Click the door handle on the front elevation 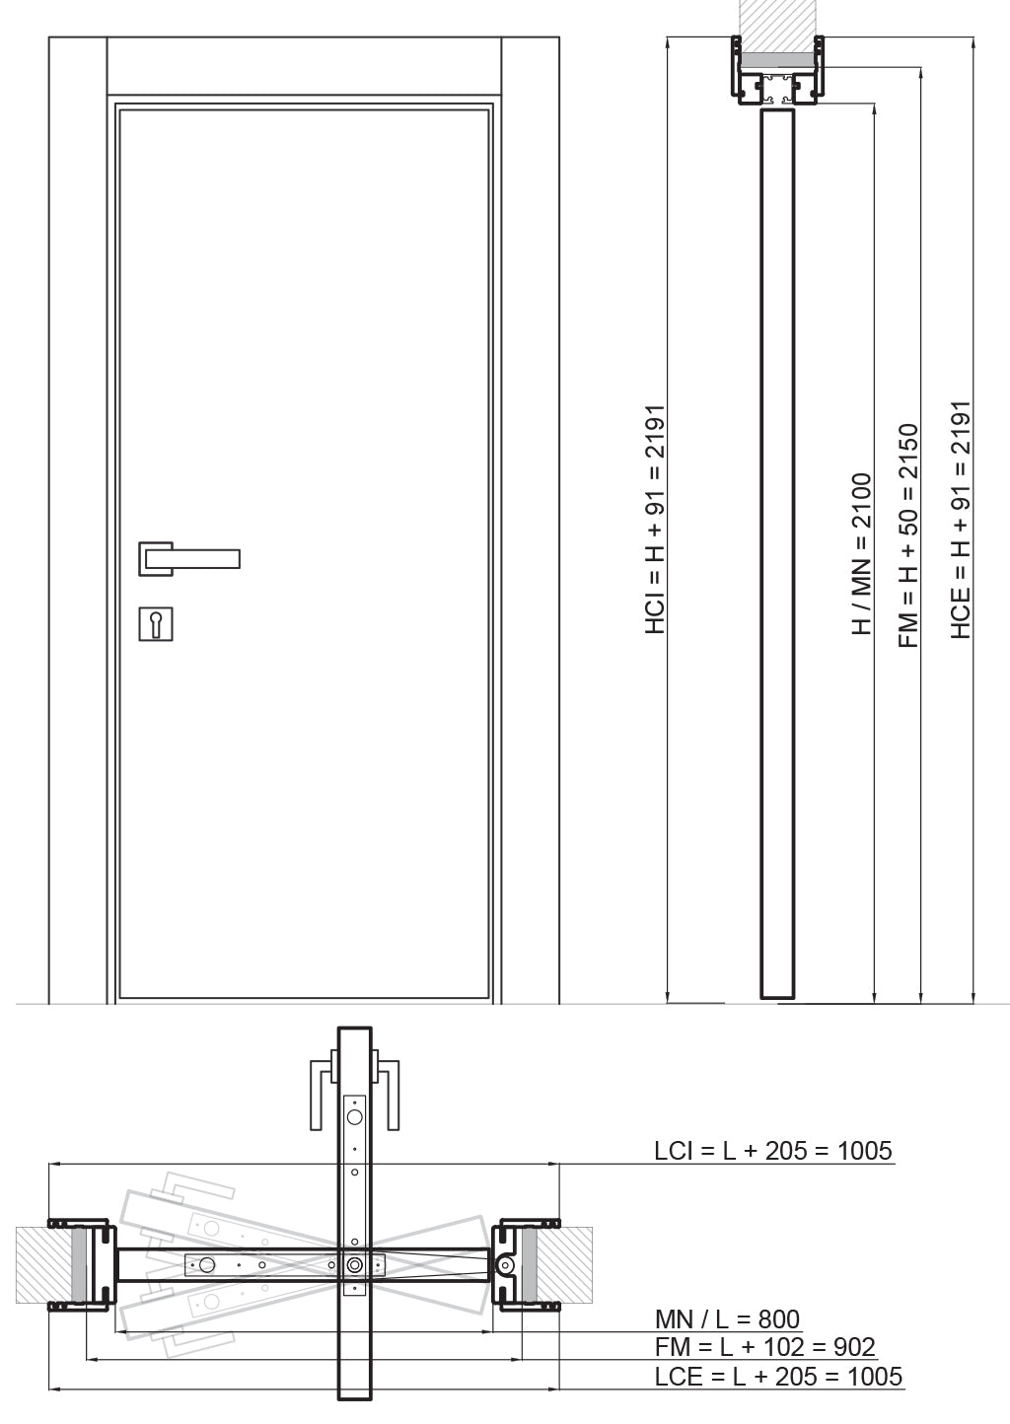pyautogui.click(x=189, y=559)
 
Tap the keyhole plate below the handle pyautogui.click(x=156, y=623)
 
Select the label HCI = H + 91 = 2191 pyautogui.click(x=655, y=520)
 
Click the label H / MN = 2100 pyautogui.click(x=861, y=553)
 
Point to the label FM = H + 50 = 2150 pyautogui.click(x=908, y=535)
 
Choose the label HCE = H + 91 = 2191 pyautogui.click(x=961, y=520)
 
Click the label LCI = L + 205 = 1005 pyautogui.click(x=772, y=1150)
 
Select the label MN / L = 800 pyautogui.click(x=727, y=1319)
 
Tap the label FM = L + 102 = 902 pyautogui.click(x=765, y=1346)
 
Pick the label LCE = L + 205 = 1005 pyautogui.click(x=778, y=1377)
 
